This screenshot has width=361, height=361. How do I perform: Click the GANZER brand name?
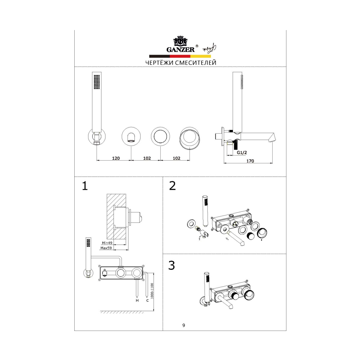coord(180,49)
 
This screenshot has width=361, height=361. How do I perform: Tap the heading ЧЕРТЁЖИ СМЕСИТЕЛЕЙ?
coord(180,63)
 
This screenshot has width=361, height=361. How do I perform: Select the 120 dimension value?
coord(116,158)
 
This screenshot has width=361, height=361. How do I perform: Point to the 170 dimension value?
coord(250,161)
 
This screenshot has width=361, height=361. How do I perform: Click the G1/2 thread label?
coord(242,153)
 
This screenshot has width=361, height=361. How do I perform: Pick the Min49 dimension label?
coord(107,243)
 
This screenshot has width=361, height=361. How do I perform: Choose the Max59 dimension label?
coord(106,248)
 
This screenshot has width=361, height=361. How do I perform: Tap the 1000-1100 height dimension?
coord(152,291)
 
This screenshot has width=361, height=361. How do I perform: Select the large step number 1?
coord(85,186)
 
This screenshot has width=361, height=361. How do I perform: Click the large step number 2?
coord(172,186)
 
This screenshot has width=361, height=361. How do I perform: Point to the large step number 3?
coord(171,265)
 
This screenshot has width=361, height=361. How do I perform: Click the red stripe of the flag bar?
coord(180,56)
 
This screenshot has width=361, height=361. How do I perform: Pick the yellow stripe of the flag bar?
coord(201,56)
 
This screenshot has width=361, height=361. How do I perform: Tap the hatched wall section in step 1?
coord(116,217)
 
